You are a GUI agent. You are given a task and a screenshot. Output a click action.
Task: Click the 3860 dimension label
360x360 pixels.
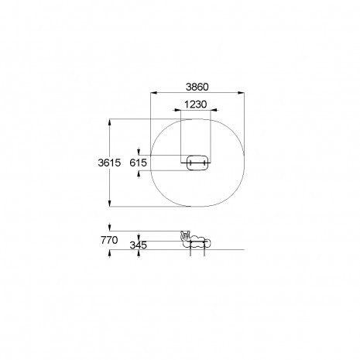coord(197,87)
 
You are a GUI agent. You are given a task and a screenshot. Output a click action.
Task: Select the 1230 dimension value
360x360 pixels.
coord(196,105)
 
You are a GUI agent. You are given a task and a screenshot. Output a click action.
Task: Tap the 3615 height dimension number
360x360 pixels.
coord(109,163)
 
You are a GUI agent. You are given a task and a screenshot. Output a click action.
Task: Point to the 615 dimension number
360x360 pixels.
coord(139,163)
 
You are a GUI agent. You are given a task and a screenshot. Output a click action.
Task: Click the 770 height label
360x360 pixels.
coord(109,240)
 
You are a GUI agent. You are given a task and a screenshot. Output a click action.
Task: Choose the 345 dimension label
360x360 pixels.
coord(139,245)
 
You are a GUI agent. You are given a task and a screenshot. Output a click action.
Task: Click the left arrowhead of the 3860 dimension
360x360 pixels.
coord(154,93)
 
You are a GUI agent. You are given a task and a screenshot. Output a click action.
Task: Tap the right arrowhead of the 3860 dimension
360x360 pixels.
coord(241,93)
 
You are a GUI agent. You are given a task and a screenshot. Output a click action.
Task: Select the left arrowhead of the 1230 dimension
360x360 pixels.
coord(177,110)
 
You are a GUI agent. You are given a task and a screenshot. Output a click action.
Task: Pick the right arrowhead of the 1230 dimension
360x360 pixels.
coord(214,110)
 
